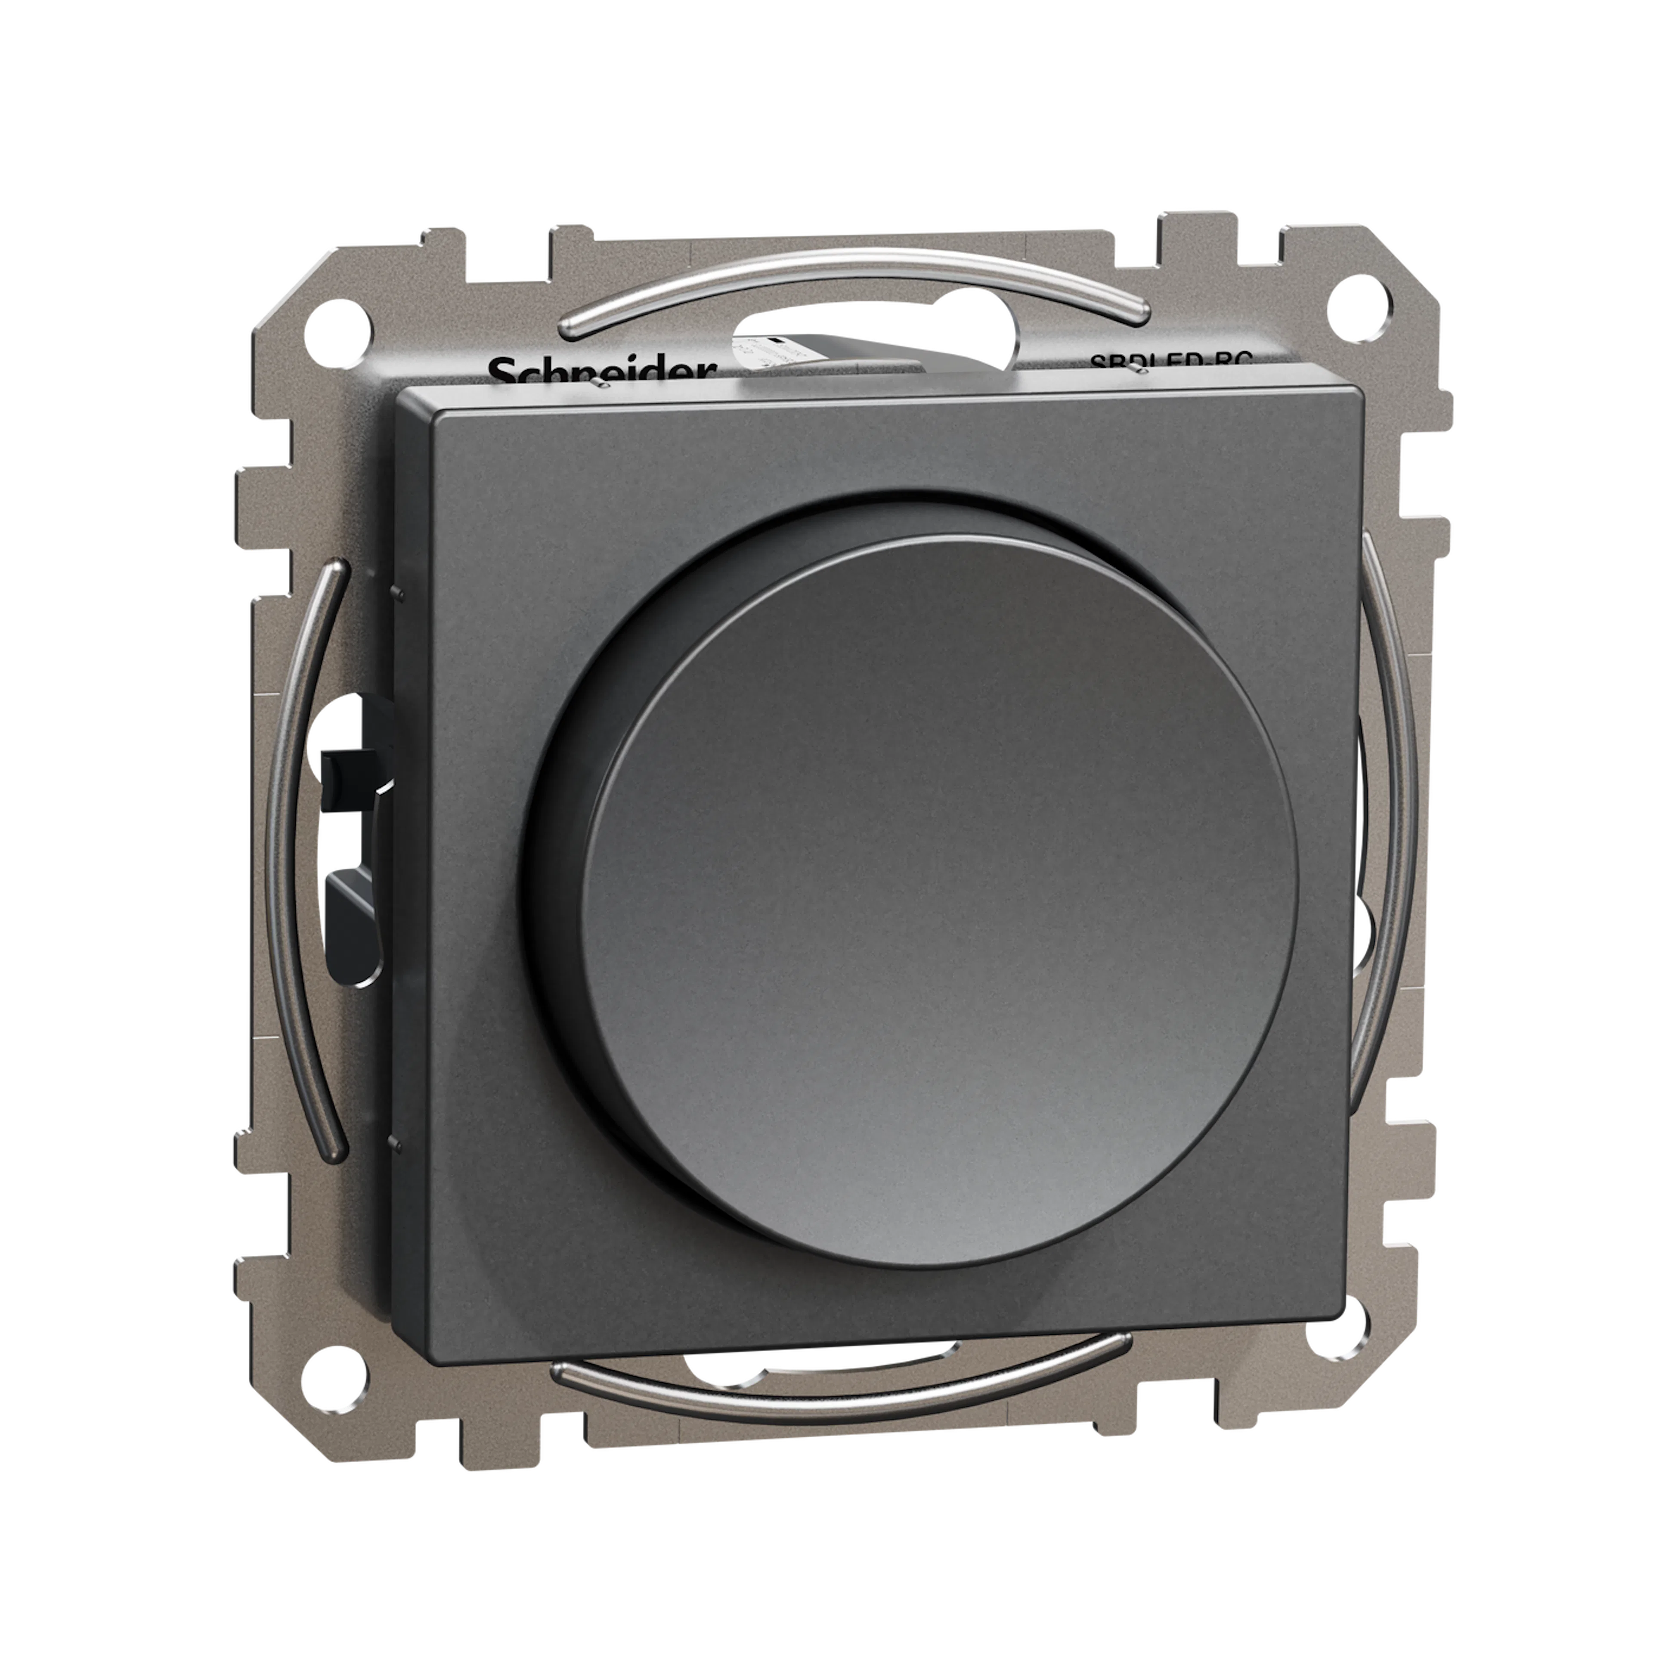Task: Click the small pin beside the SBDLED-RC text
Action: [x=1136, y=369]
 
